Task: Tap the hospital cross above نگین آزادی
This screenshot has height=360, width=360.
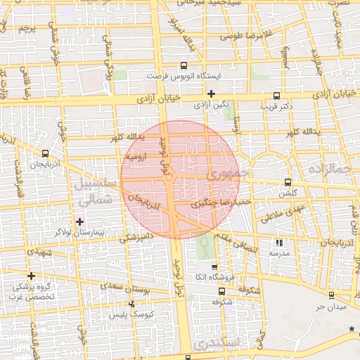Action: pos(211,94)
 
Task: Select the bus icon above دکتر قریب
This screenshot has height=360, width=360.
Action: pos(276,96)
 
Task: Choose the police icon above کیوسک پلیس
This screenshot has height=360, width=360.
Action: pos(131,304)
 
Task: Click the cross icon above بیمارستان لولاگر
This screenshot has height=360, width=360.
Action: pos(79,221)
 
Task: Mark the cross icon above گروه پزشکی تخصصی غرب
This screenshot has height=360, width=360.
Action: pos(30,276)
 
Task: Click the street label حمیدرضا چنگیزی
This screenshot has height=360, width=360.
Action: pos(218,203)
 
